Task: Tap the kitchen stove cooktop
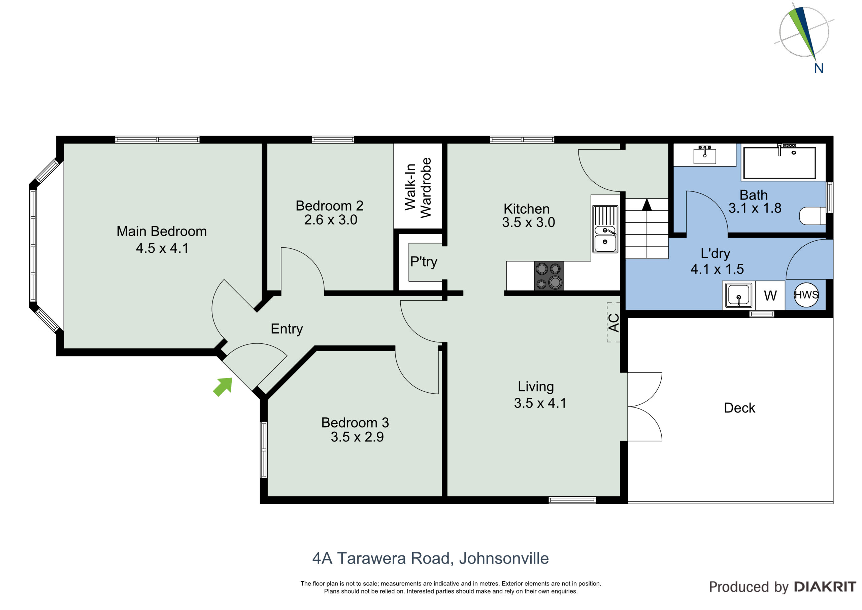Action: [549, 276]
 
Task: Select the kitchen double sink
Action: [605, 229]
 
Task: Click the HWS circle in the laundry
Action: [806, 295]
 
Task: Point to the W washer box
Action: [770, 296]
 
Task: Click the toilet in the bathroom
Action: [812, 216]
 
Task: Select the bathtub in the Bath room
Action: [780, 163]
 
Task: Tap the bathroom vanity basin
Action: [705, 155]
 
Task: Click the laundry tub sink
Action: [738, 296]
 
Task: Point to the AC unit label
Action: [614, 323]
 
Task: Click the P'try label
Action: [424, 262]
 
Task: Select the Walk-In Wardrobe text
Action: [418, 187]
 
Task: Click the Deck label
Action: [739, 408]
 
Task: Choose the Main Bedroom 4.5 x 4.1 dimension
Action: [162, 248]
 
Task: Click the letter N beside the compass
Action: [819, 68]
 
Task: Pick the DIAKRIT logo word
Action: [825, 587]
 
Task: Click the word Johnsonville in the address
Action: [504, 558]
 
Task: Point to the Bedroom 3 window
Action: [264, 450]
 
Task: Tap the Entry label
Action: [287, 329]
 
